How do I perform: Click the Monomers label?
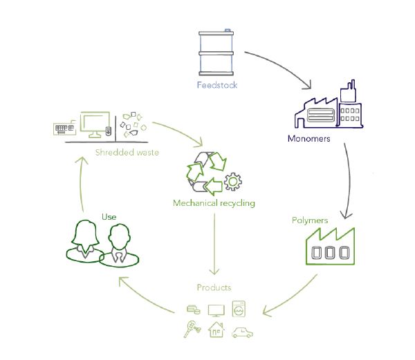pyautogui.click(x=308, y=138)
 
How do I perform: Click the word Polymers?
pyautogui.click(x=308, y=220)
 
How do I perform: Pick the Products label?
pyautogui.click(x=214, y=287)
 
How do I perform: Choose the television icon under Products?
pyautogui.click(x=215, y=308)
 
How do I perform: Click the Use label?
pyautogui.click(x=109, y=217)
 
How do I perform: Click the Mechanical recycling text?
pyautogui.click(x=214, y=203)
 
